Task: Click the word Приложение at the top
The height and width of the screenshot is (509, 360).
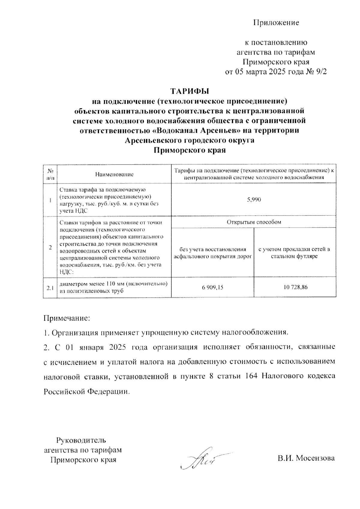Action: click(x=276, y=23)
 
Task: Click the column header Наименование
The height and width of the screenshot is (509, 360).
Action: click(x=114, y=174)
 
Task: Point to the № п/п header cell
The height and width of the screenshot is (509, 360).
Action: click(x=50, y=174)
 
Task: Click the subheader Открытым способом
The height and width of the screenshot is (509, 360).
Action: click(x=254, y=222)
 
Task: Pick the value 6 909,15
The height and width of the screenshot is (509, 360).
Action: click(x=212, y=287)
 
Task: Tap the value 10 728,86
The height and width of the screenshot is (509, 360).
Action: click(x=295, y=287)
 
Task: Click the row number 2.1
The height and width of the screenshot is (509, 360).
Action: click(x=50, y=288)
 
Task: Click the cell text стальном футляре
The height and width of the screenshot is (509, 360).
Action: click(x=295, y=257)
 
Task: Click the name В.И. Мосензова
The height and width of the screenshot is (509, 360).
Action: click(x=306, y=458)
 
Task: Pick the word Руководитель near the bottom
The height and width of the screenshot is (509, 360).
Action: click(x=81, y=440)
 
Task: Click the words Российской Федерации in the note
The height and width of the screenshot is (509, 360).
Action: click(x=87, y=391)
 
